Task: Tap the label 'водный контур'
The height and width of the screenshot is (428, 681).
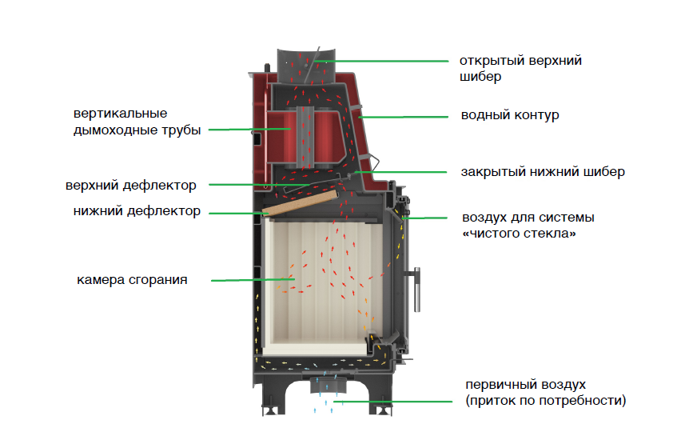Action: coord(509,115)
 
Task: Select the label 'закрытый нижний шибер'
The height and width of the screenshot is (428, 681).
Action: coord(542,171)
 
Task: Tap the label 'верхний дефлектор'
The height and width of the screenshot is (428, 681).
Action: coord(131,186)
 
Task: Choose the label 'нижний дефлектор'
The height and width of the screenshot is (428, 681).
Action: coord(136,211)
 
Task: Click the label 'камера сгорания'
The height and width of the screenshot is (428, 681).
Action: coord(133,280)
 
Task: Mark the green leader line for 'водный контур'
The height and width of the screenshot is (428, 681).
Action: coord(403,117)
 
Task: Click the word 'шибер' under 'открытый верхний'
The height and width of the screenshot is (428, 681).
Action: coord(480,78)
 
